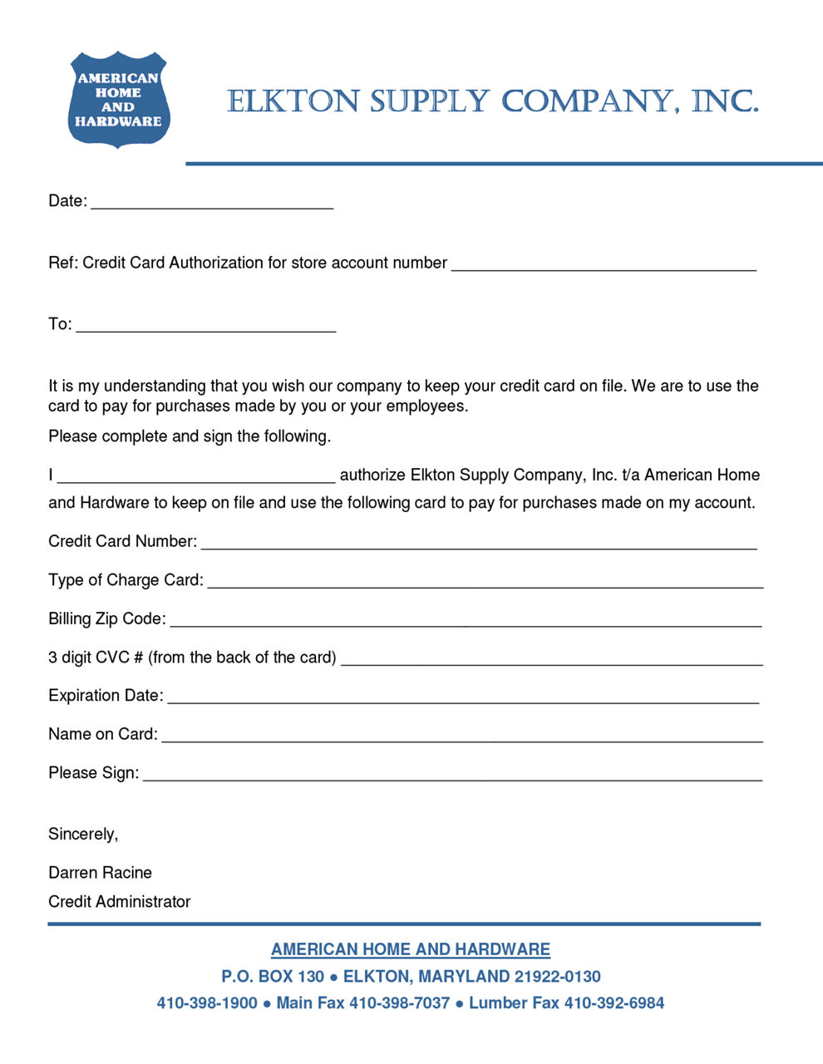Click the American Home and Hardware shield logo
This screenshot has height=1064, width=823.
pyautogui.click(x=118, y=100)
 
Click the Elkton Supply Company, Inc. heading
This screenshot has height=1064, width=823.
pyautogui.click(x=493, y=101)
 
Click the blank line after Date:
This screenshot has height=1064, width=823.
pyautogui.click(x=212, y=204)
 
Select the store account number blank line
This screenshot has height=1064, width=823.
pyautogui.click(x=604, y=266)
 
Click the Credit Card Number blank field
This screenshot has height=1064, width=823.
pyautogui.click(x=479, y=544)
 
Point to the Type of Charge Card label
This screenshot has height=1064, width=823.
pyautogui.click(x=126, y=580)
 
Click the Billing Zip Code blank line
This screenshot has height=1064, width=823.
pyautogui.click(x=466, y=622)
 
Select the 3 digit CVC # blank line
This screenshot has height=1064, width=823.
pyautogui.click(x=552, y=661)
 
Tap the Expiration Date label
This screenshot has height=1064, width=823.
pyautogui.click(x=106, y=696)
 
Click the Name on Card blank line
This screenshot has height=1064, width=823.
pyautogui.click(x=462, y=737)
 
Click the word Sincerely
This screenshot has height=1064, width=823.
pyautogui.click(x=83, y=835)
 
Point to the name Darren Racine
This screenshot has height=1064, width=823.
pyautogui.click(x=100, y=873)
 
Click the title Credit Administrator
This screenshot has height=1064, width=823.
pyautogui.click(x=119, y=902)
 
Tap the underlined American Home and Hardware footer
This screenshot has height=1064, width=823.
pyautogui.click(x=411, y=949)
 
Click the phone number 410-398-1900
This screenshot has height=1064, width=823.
pyautogui.click(x=207, y=1003)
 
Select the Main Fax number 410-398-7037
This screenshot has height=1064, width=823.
pyautogui.click(x=399, y=1003)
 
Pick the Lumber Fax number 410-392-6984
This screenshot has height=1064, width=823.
pyautogui.click(x=614, y=1003)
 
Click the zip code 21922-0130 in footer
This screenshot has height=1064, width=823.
pyautogui.click(x=558, y=977)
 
